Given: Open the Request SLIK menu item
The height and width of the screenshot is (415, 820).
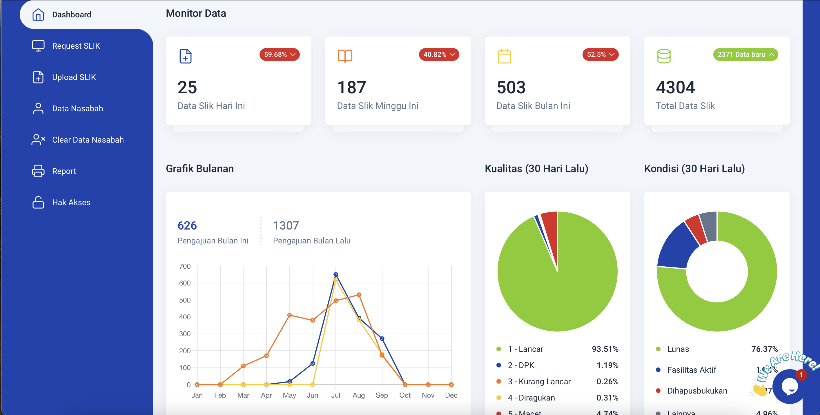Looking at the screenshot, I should pyautogui.click(x=76, y=46).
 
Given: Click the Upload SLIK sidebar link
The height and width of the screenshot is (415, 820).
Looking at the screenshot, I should pyautogui.click(x=74, y=77).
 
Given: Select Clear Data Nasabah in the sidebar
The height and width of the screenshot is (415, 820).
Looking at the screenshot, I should pyautogui.click(x=88, y=140).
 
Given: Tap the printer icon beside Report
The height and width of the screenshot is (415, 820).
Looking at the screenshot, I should pyautogui.click(x=38, y=171).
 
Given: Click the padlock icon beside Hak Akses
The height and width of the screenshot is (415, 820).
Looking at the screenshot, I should pyautogui.click(x=38, y=202).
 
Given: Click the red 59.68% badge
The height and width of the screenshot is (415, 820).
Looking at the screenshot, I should pyautogui.click(x=279, y=54).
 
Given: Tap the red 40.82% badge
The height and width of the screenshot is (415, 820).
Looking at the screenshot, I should pyautogui.click(x=439, y=54).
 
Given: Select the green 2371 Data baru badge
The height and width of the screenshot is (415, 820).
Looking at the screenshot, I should pyautogui.click(x=745, y=54).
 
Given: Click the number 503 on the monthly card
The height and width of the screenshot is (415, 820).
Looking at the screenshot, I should pyautogui.click(x=511, y=88).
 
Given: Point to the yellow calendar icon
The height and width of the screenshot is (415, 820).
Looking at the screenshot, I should pyautogui.click(x=504, y=56).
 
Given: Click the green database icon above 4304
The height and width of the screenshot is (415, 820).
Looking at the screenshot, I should pyautogui.click(x=664, y=56).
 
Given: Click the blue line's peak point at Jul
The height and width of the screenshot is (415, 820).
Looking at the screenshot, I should pyautogui.click(x=335, y=274).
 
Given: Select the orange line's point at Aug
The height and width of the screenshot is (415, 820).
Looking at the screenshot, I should pyautogui.click(x=359, y=295).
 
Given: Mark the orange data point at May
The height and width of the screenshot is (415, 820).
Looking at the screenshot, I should pyautogui.click(x=289, y=315).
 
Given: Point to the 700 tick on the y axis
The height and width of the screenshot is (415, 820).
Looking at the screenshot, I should pyautogui.click(x=185, y=266).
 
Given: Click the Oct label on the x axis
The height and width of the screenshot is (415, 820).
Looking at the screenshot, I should pyautogui.click(x=405, y=395).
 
